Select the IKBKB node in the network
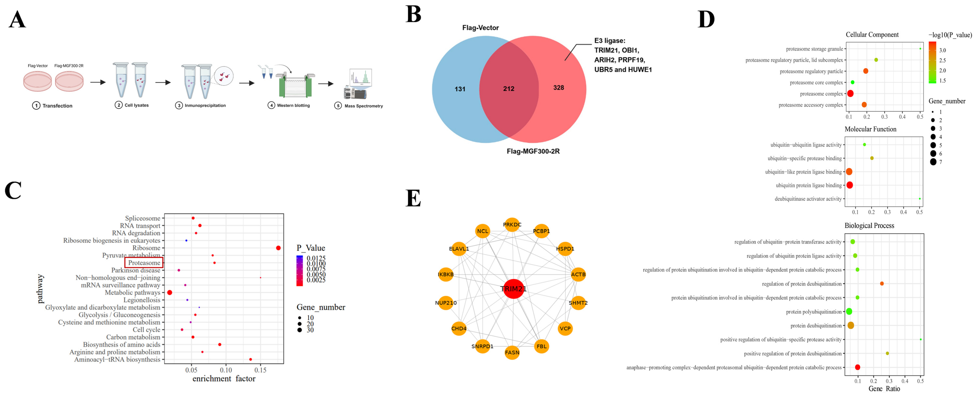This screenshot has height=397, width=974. tap(446, 274)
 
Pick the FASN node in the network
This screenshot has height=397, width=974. tap(512, 352)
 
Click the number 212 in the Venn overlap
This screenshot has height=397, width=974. tap(509, 89)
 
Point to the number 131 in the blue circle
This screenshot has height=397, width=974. tap(460, 89)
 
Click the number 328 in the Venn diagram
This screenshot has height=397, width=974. tap(558, 87)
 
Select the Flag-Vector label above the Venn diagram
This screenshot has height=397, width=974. tap(480, 28)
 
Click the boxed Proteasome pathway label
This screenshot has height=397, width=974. tap(144, 263)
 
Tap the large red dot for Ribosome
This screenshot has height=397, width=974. tap(278, 248)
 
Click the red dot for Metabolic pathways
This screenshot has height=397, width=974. tap(170, 293)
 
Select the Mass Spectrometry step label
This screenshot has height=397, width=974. tap(363, 106)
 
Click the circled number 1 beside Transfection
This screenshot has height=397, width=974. tap(36, 106)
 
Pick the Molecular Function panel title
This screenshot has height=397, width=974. tap(870, 129)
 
